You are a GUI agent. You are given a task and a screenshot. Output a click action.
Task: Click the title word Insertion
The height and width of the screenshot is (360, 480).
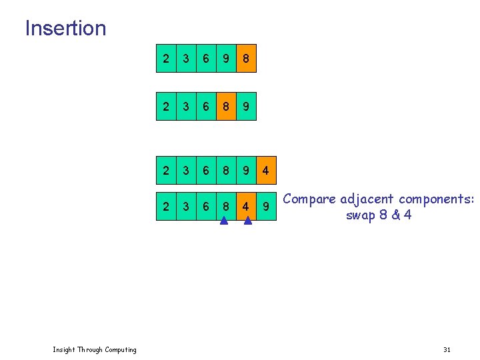(x=65, y=28)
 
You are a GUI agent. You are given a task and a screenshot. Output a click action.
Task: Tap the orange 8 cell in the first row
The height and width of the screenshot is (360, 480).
(x=246, y=59)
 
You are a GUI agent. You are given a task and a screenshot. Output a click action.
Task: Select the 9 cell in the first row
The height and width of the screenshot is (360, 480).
(x=226, y=59)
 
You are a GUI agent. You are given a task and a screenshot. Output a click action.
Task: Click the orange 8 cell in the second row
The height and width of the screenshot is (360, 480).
(x=226, y=105)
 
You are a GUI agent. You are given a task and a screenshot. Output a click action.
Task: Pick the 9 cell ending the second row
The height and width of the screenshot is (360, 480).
(x=246, y=105)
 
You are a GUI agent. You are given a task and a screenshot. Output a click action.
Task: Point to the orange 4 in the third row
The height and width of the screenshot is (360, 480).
(x=265, y=171)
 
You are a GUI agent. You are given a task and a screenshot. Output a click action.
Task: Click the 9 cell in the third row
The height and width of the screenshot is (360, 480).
(x=246, y=171)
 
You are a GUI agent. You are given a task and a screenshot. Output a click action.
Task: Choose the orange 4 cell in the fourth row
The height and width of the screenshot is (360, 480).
(x=246, y=207)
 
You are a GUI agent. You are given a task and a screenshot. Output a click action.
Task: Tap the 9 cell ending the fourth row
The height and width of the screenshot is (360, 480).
(x=266, y=207)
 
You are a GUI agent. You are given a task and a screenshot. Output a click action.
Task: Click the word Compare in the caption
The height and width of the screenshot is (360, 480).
(x=310, y=199)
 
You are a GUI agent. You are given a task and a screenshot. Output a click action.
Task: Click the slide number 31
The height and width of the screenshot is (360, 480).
(x=447, y=350)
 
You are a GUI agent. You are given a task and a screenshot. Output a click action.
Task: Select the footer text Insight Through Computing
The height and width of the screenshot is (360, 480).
(x=94, y=350)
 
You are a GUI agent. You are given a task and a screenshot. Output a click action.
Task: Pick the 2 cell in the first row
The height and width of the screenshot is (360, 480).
(x=166, y=59)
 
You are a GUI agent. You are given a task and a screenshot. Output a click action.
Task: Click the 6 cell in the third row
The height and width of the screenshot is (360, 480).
(x=206, y=171)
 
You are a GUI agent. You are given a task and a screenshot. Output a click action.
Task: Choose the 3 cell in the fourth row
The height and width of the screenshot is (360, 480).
(x=186, y=207)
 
